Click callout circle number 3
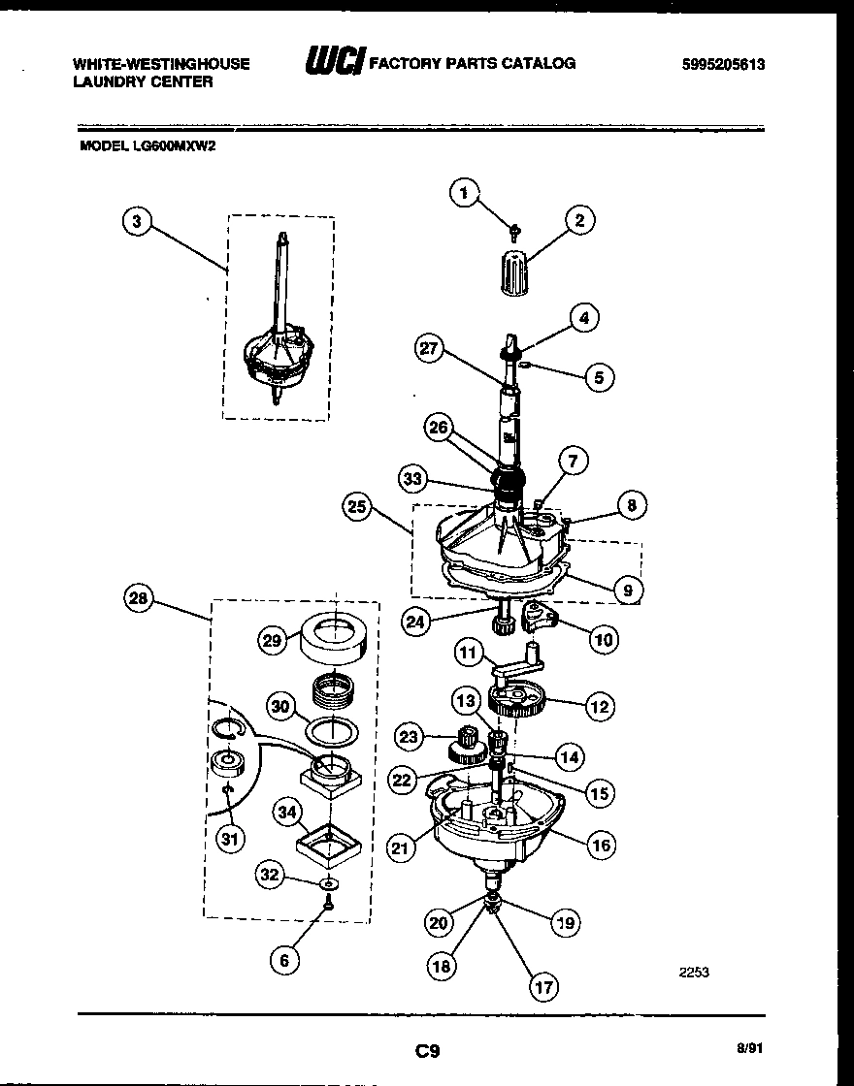click(x=138, y=222)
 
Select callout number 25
click(x=357, y=505)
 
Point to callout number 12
click(x=599, y=707)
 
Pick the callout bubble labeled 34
click(x=284, y=812)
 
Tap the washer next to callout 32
click(x=331, y=884)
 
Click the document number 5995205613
click(x=723, y=65)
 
